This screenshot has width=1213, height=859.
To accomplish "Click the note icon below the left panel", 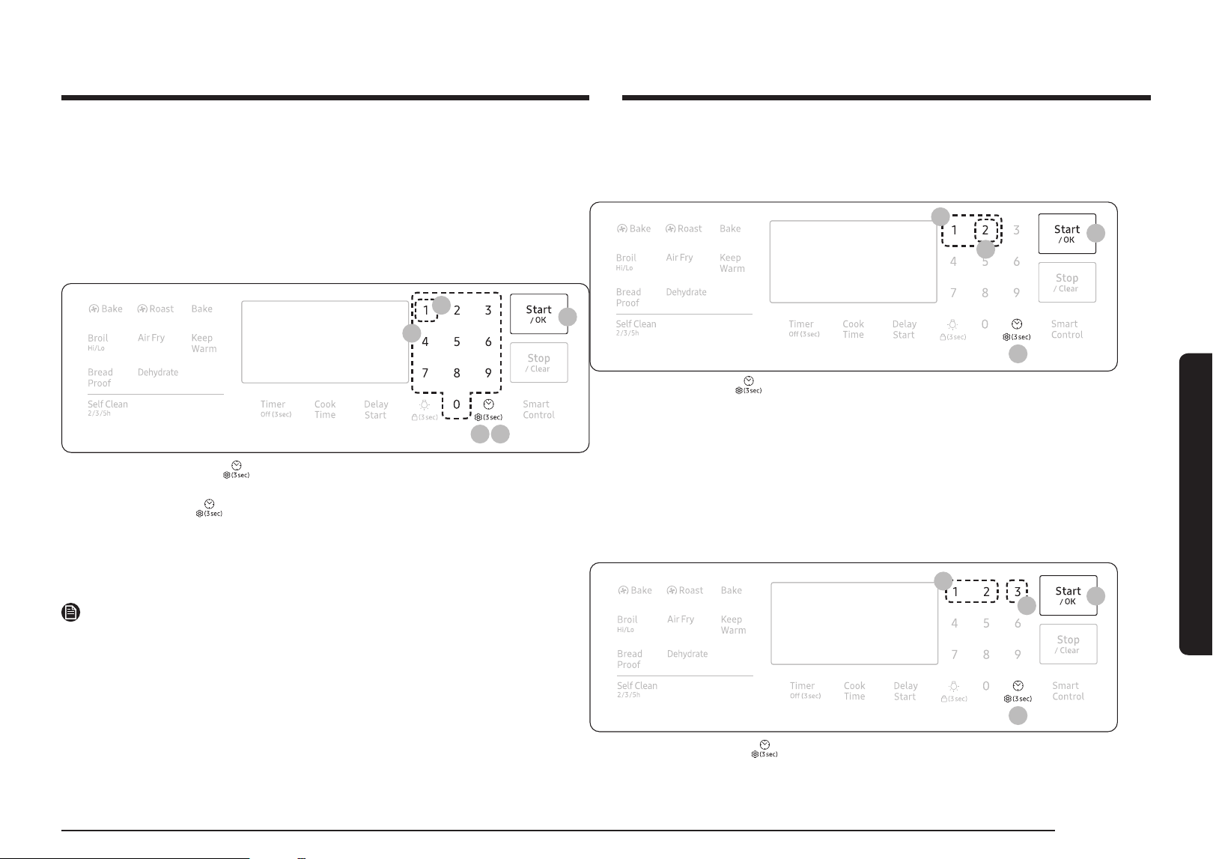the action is click(70, 612).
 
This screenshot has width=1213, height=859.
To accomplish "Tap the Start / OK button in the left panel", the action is click(539, 314).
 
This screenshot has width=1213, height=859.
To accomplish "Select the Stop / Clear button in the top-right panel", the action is click(1067, 282).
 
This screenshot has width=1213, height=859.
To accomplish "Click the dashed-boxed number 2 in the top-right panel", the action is click(985, 230).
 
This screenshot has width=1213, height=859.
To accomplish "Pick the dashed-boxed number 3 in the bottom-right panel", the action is click(1017, 592).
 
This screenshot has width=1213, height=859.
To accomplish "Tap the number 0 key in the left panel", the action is click(457, 404).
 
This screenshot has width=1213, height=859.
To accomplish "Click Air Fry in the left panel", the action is click(151, 338).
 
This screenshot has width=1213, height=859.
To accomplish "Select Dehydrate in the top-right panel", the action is click(686, 292).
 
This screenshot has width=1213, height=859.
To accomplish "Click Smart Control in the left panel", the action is click(538, 410).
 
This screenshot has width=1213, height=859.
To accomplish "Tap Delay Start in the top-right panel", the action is click(905, 330).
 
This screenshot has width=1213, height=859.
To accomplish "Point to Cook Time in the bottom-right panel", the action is click(854, 691).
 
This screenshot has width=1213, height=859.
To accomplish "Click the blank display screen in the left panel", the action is click(325, 342).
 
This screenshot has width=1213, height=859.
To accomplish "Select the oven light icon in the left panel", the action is click(425, 404).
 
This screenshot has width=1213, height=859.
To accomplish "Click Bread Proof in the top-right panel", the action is click(628, 297).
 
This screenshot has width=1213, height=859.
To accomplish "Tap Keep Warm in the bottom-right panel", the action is click(733, 625).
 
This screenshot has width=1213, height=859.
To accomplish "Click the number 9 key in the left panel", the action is click(488, 373).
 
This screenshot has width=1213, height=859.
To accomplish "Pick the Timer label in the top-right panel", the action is click(801, 324).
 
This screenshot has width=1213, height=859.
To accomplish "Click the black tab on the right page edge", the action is click(1196, 504).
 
